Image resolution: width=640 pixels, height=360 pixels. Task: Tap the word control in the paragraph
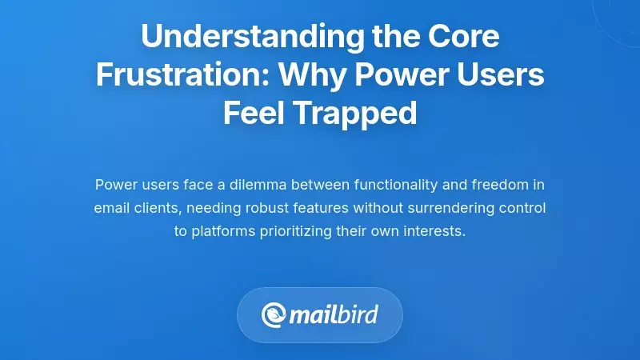click(x=522, y=208)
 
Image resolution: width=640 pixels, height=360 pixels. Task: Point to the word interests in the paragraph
click(x=437, y=232)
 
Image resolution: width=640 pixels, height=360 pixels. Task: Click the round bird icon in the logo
click(x=274, y=314)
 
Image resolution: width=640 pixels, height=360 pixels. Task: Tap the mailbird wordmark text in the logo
click(x=334, y=314)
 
